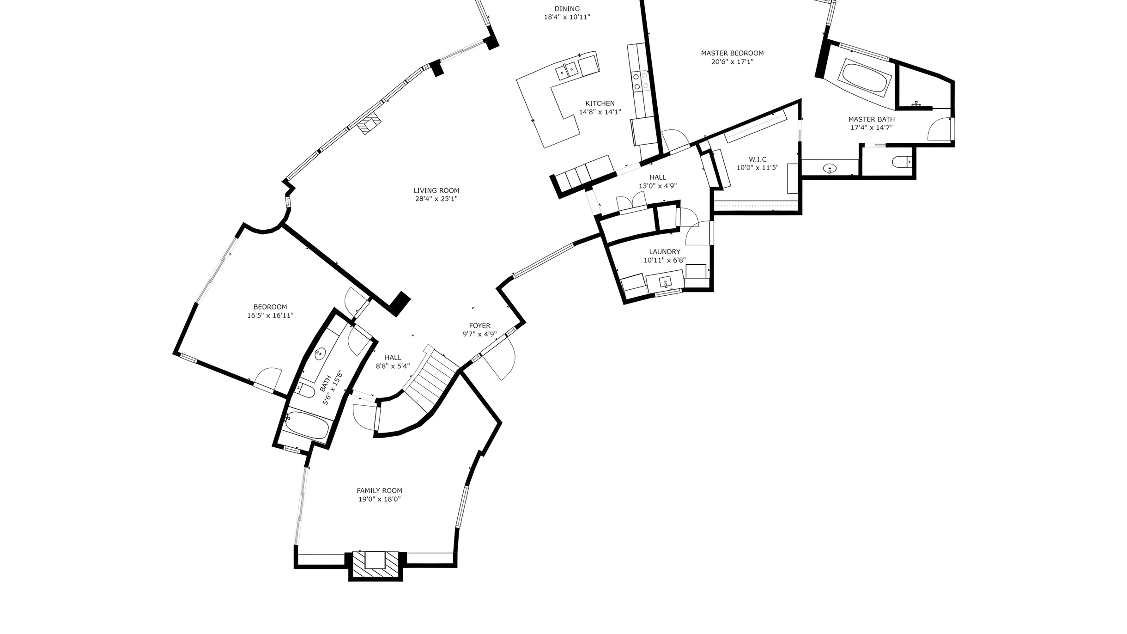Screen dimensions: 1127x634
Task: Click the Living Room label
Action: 436,190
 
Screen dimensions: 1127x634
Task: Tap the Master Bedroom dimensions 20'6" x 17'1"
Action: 732,61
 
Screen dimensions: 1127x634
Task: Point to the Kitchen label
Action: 600,104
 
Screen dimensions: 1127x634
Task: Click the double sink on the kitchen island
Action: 567,71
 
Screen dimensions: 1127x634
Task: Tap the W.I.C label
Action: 757,159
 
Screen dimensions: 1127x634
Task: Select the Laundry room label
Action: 665,252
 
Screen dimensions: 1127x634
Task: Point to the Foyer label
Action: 479,326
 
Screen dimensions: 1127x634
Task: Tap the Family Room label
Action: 379,491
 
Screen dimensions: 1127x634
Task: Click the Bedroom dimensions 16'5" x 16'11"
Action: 270,316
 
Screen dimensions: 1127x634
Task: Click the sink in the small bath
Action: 319,354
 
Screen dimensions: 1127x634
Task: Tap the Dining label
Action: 567,9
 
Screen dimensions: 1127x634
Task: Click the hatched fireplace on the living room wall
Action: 370,124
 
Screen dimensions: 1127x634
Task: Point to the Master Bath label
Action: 871,119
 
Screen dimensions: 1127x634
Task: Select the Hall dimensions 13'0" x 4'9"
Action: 658,186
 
